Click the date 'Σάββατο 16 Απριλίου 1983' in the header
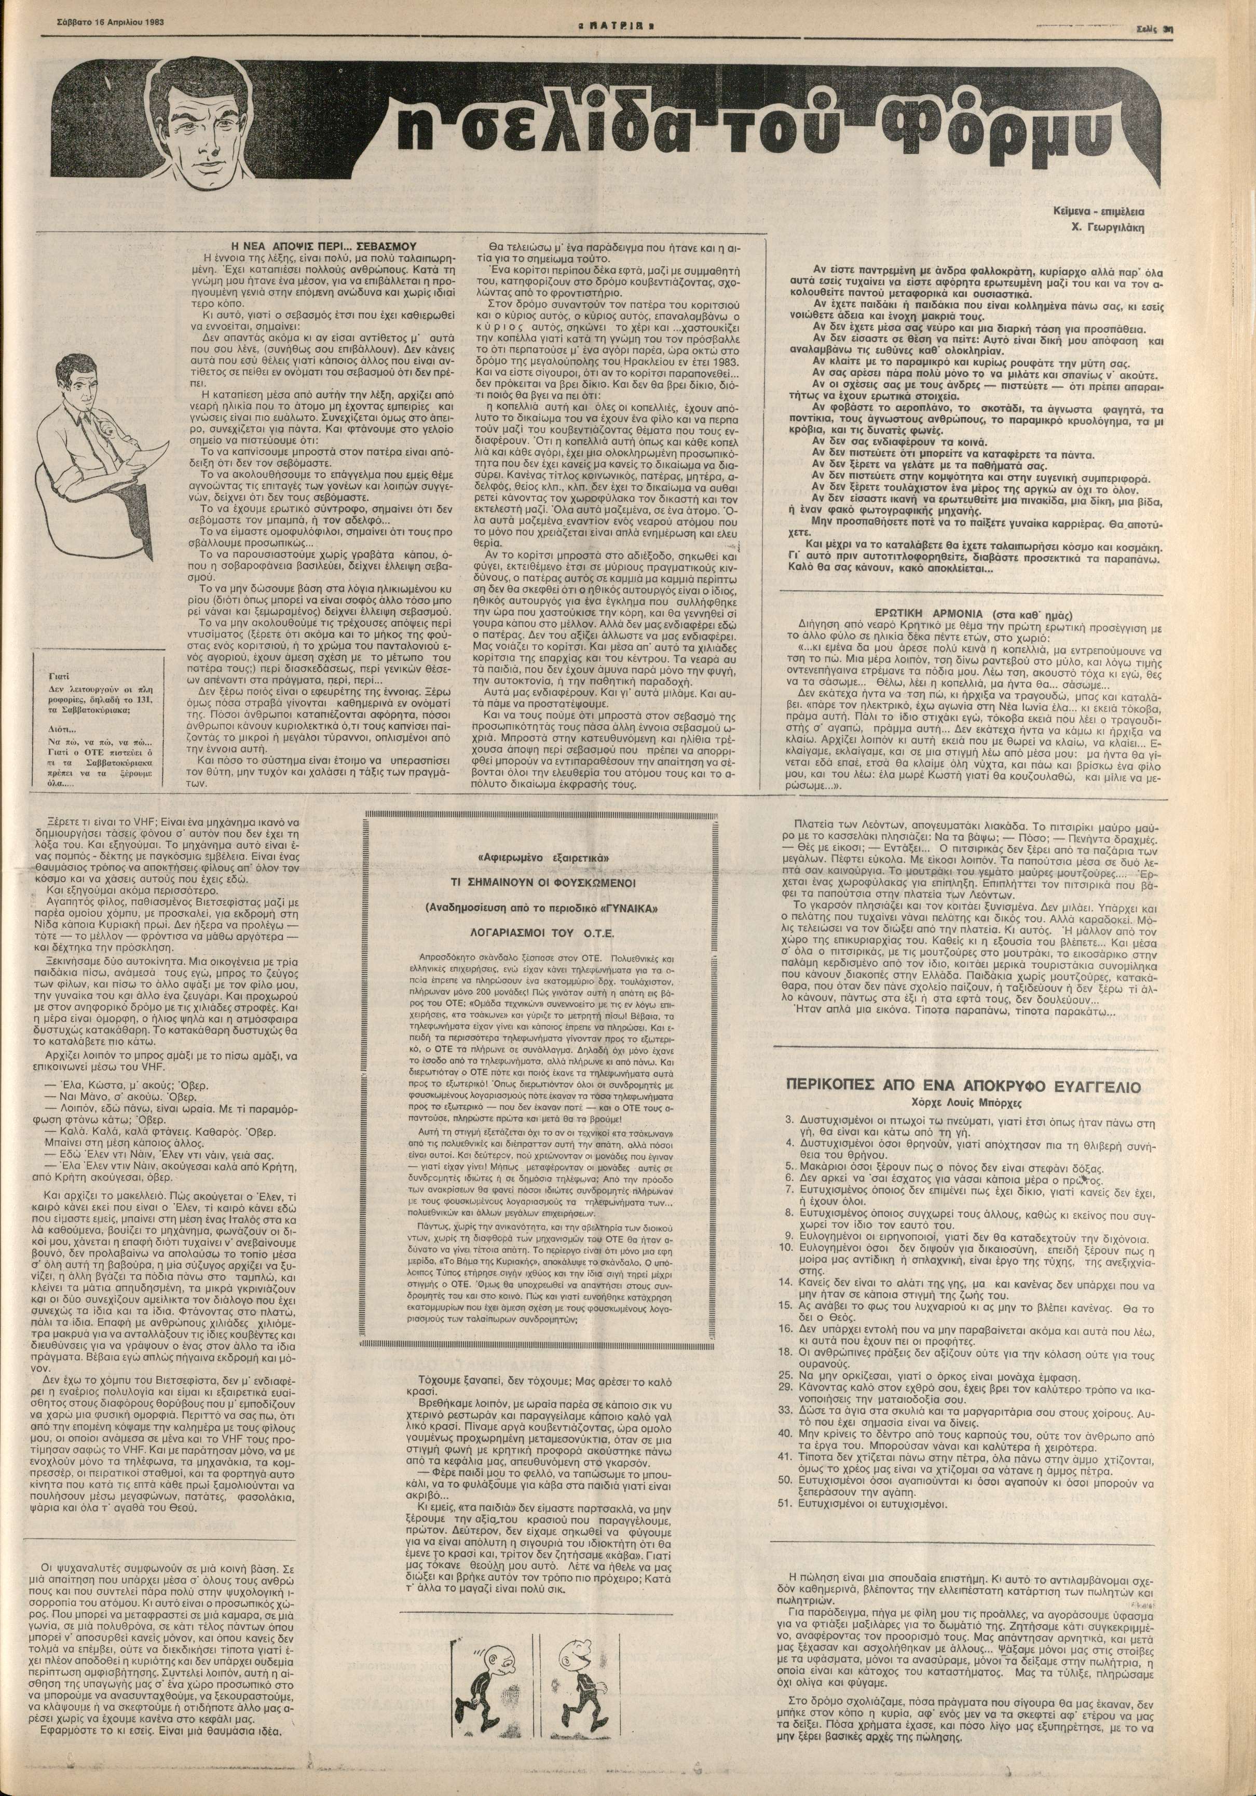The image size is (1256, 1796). (x=63, y=10)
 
